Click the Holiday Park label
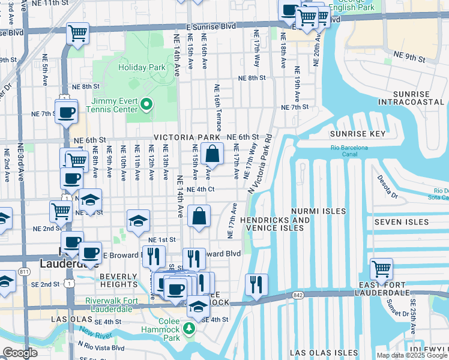(x=142, y=68)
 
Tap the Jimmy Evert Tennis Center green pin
(x=145, y=106)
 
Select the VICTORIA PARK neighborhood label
(x=187, y=137)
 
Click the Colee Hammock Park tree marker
(x=190, y=328)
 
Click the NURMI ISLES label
(x=318, y=211)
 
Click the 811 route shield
(x=24, y=272)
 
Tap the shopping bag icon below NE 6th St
(x=212, y=154)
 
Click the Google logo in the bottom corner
(x=20, y=353)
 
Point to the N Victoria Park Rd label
(x=260, y=170)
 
